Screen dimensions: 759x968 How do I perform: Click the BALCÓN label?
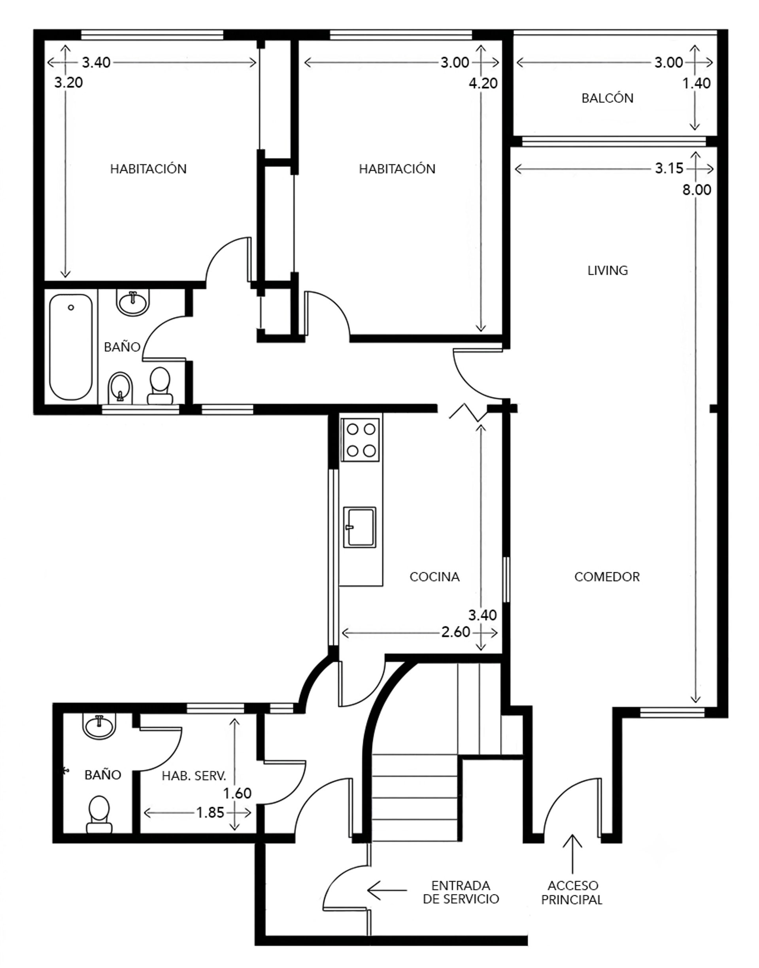pyautogui.click(x=608, y=98)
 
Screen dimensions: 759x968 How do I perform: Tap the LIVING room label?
pyautogui.click(x=608, y=270)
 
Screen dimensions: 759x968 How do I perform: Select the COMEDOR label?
pyautogui.click(x=607, y=577)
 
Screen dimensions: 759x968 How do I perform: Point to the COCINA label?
pyautogui.click(x=434, y=577)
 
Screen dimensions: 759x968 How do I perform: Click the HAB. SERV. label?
pyautogui.click(x=194, y=776)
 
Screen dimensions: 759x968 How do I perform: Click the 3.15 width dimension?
pyautogui.click(x=669, y=168)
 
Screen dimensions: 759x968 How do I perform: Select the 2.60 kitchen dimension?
pyautogui.click(x=456, y=632)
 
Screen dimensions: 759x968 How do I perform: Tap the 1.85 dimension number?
pyautogui.click(x=210, y=813)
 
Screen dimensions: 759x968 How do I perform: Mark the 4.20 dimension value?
pyautogui.click(x=483, y=83)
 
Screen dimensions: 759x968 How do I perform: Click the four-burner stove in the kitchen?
pyautogui.click(x=361, y=440)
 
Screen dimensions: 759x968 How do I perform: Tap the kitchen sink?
pyautogui.click(x=359, y=527)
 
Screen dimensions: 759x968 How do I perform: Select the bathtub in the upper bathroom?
pyautogui.click(x=71, y=347)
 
